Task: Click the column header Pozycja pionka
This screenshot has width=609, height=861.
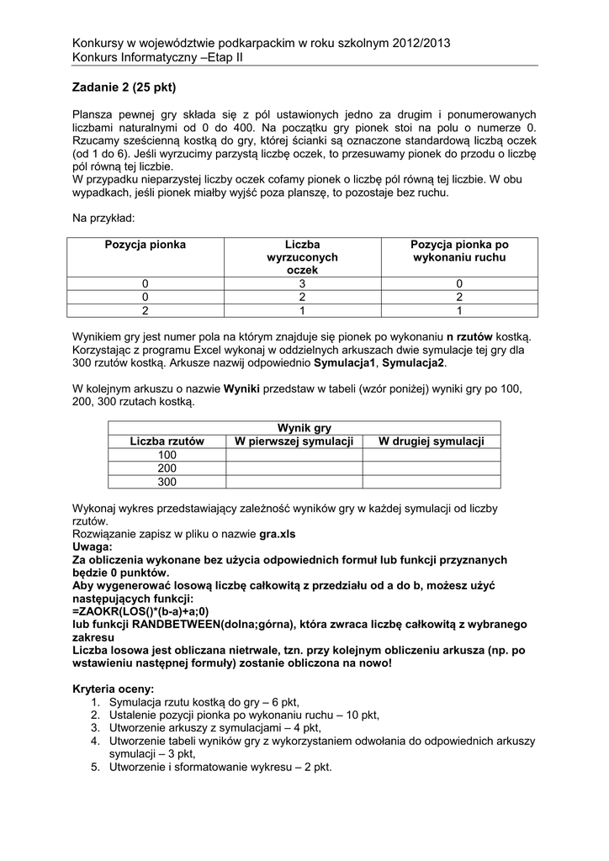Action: coord(145,245)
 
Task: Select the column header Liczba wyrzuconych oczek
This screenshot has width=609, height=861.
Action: coord(303,256)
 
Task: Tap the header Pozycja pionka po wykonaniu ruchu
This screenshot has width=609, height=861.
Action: coord(459,251)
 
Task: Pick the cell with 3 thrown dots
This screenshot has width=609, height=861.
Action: coord(303,283)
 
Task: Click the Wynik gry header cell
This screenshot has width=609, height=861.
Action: coord(304,428)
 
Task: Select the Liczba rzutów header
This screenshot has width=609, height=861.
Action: coord(167,441)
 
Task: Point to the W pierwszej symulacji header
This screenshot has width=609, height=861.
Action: coord(293,441)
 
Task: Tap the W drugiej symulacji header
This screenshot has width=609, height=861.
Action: coord(432,441)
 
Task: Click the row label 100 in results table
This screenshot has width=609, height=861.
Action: coord(167,455)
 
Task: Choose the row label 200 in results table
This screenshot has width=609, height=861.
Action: coord(167,468)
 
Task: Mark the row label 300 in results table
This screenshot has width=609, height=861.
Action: coord(167,482)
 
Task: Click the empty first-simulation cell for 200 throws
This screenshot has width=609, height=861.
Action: coord(293,468)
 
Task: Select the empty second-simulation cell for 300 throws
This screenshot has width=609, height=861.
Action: coord(432,482)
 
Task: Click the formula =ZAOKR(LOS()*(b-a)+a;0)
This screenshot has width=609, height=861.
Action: coord(140,611)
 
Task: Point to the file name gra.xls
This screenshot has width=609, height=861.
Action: coord(278,534)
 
